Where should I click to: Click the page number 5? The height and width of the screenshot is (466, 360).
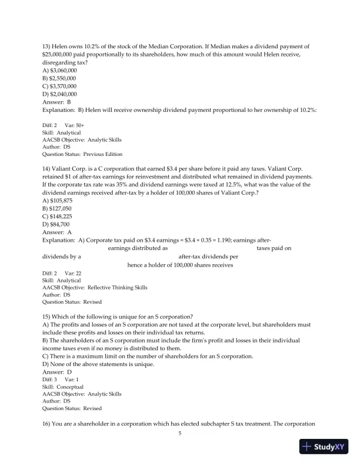click(x=180, y=434)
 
